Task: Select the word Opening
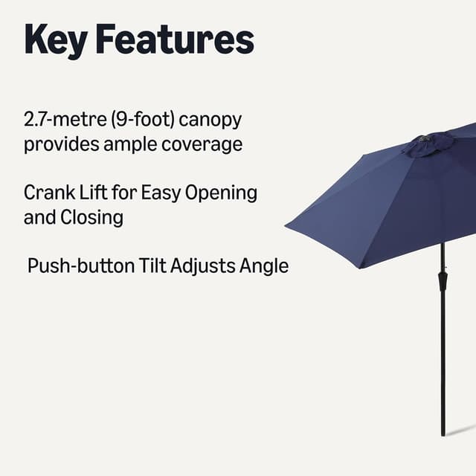(x=221, y=194)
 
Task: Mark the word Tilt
(x=152, y=266)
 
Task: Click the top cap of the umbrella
(x=428, y=144)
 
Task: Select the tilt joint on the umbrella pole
(x=443, y=281)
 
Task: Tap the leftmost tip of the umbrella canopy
(x=286, y=224)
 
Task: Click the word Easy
(x=158, y=194)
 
